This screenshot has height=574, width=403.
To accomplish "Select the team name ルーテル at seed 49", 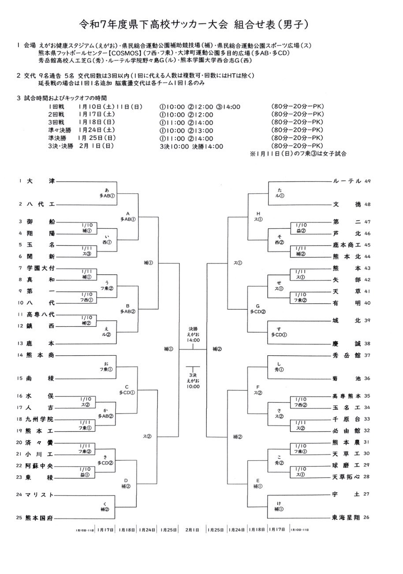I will (347, 181).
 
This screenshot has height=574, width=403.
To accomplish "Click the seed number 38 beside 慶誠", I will (367, 343).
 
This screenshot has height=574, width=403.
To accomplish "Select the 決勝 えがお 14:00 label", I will (193, 334).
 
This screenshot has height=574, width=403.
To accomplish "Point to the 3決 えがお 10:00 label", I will (193, 380).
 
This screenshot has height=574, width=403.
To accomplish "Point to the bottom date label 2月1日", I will (193, 529).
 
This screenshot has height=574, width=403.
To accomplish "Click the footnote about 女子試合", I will (298, 154).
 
